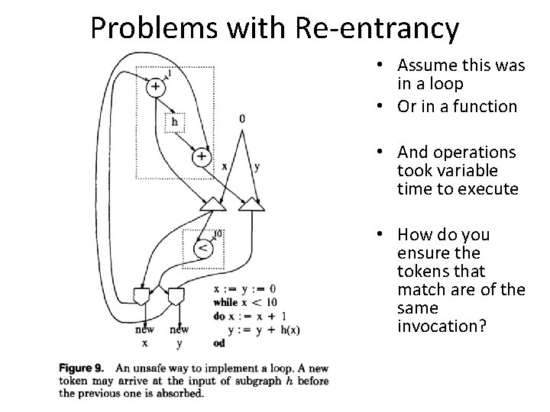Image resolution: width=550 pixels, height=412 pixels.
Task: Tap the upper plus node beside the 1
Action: click(x=156, y=88)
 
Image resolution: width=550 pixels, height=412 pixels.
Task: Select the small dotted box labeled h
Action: click(x=176, y=121)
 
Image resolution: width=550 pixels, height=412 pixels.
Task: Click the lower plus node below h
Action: click(x=201, y=156)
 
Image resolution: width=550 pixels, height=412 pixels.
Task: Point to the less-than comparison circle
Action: click(x=202, y=248)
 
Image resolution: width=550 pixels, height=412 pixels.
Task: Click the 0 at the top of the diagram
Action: click(x=242, y=118)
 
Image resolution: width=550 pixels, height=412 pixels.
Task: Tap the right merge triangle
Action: click(x=250, y=204)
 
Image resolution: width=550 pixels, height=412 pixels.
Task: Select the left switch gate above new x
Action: click(x=141, y=295)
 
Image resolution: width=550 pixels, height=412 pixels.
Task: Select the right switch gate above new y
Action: click(x=177, y=295)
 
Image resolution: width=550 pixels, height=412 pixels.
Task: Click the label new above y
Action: click(x=179, y=330)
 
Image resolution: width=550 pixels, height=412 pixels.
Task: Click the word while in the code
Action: click(x=228, y=302)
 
